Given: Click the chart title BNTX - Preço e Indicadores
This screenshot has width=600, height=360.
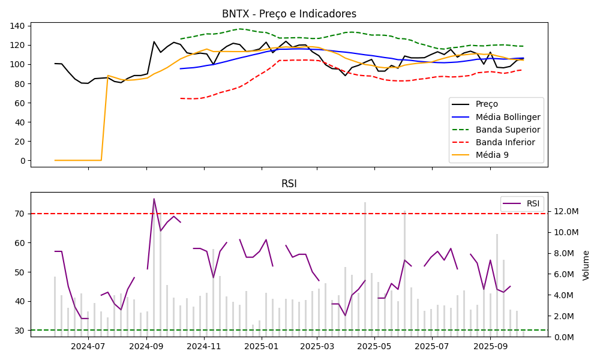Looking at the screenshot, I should [x=289, y=14].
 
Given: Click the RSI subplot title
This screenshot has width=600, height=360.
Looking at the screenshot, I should [x=289, y=184].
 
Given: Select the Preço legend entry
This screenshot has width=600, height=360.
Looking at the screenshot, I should [x=486, y=104].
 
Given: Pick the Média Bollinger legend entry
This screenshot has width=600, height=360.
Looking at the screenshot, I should [x=508, y=117].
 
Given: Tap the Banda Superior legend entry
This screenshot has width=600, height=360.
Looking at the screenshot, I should [x=508, y=130].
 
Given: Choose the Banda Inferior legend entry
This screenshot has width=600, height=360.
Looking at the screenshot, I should [x=506, y=142].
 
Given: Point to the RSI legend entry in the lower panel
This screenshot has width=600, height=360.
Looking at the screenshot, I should [x=533, y=203].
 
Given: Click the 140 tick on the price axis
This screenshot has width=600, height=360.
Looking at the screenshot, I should [x=17, y=26].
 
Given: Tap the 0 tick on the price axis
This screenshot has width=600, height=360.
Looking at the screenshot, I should [x=22, y=161].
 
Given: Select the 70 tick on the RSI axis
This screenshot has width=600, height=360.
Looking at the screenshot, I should [x=20, y=214].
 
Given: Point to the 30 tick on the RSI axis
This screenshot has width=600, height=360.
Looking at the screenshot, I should [x=20, y=331].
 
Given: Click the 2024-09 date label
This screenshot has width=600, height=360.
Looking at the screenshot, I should [x=146, y=346].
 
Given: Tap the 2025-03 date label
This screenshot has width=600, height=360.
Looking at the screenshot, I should [x=317, y=346].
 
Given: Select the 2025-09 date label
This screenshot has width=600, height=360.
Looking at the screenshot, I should [x=490, y=346].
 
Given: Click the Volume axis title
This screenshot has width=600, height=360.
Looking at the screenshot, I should [x=586, y=265].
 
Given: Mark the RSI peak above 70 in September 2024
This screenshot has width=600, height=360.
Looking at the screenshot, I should [x=154, y=199].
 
